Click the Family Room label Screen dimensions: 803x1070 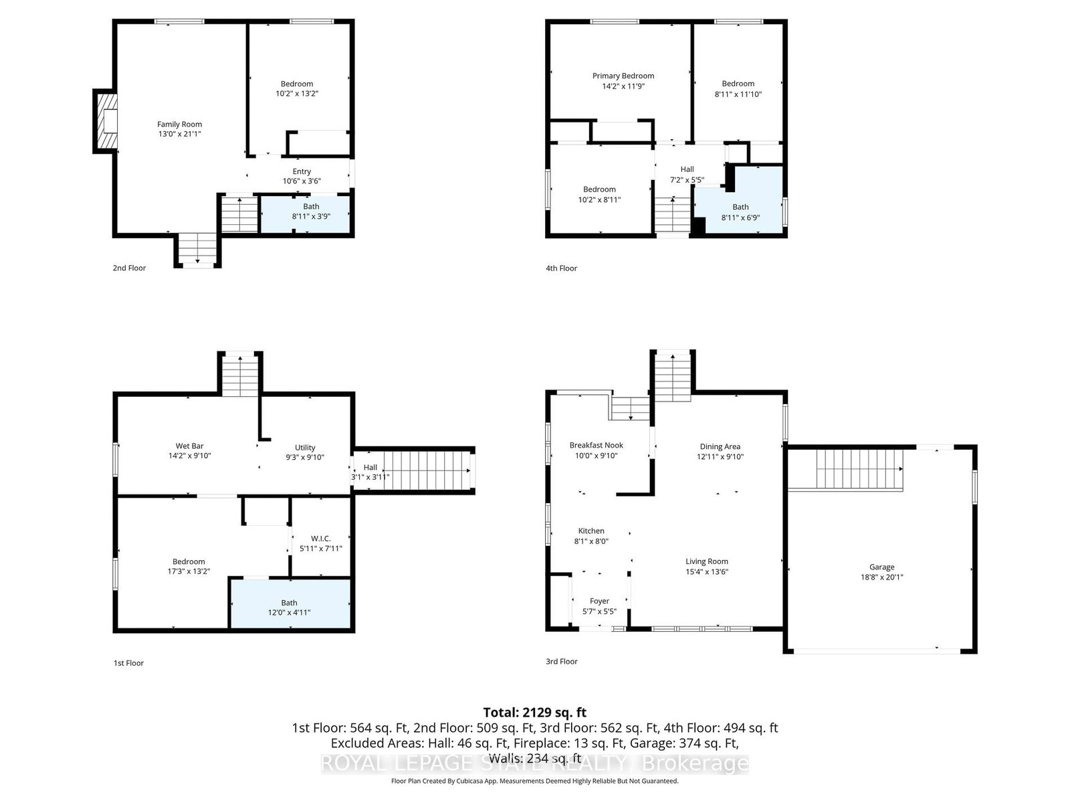coord(179,124)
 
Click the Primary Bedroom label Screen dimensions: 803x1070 coord(623,76)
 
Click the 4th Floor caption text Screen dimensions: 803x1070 coord(561,268)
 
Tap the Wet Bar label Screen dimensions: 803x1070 coord(189,446)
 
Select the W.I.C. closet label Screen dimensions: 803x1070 coord(320,538)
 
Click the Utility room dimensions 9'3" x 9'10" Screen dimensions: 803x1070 coord(305,458)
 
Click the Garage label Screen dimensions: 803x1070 coord(881,567)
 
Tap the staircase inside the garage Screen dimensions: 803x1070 coord(846,470)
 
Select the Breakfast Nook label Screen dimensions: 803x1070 coord(596,445)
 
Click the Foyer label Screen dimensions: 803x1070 coord(599,601)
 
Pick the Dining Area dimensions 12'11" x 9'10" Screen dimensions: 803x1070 coord(720,457)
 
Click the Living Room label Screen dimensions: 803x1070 coord(706,561)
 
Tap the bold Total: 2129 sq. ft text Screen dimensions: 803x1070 coord(534,712)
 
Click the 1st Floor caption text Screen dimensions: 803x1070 coord(128,663)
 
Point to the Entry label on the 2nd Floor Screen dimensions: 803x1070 coord(302,171)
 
